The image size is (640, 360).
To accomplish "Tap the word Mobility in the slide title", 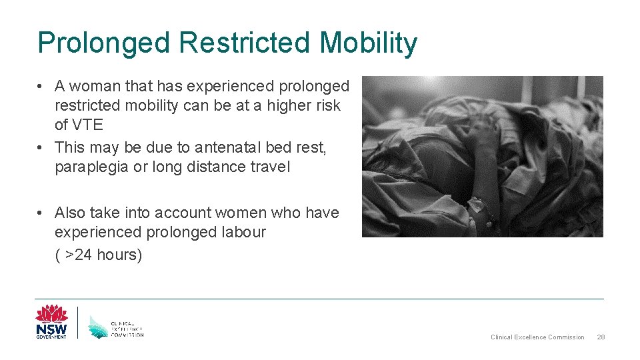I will [369, 43].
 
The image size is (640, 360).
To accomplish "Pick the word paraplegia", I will [92, 167].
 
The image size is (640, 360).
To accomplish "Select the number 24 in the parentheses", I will [83, 255].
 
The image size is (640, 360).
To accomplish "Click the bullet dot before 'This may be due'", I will [41, 147].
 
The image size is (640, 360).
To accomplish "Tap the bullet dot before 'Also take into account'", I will [41, 213].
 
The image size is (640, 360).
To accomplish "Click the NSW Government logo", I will [51, 321].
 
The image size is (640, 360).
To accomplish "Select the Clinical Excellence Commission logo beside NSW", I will [116, 325].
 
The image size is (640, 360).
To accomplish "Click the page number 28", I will [600, 337].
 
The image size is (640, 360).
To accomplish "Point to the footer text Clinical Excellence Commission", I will [537, 337].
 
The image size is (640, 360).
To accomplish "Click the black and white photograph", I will [482, 157].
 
